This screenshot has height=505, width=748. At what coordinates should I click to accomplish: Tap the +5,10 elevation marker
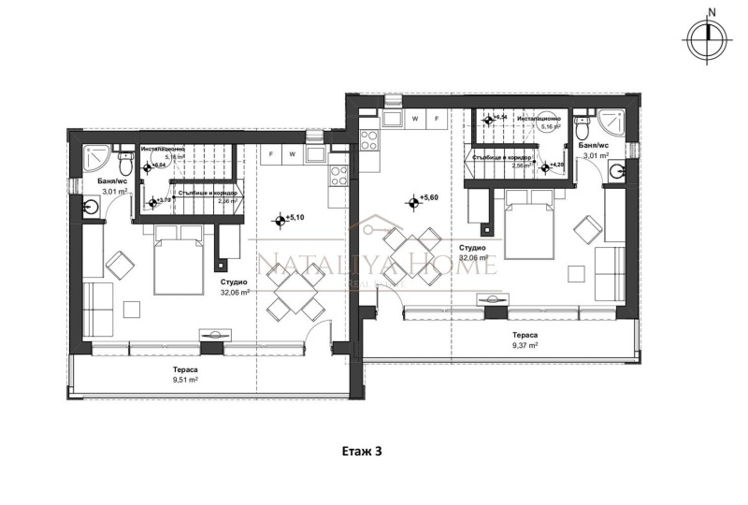coord(280,222)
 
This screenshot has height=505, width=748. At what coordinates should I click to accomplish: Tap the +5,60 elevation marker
coord(412,200)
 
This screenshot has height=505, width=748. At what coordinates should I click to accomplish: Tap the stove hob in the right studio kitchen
coord(367,142)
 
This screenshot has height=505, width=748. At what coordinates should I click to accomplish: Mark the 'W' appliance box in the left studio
coord(293,153)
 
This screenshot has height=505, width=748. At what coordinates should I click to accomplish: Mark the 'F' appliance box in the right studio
coord(437,119)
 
